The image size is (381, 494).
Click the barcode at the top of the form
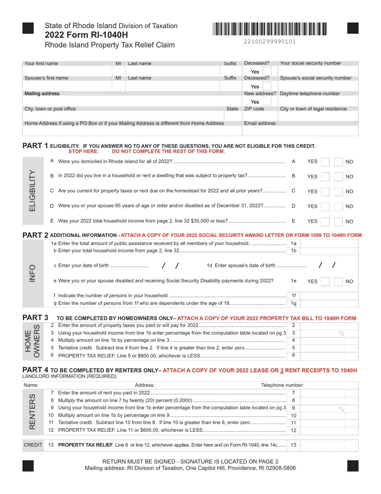point(270,29)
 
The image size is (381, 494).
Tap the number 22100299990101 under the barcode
point(270,41)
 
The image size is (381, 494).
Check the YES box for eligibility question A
point(325,162)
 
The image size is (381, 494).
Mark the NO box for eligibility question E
point(338,222)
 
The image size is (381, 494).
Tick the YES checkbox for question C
point(325,192)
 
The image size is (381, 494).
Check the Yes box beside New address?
point(267,102)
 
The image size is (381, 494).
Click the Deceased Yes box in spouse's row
point(267,86)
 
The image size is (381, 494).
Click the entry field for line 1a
point(329,243)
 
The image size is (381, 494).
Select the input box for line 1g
point(329,304)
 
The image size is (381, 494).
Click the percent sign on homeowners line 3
point(341,334)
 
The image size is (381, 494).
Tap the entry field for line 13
point(329,445)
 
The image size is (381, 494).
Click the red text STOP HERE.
point(83,152)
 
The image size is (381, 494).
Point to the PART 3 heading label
point(35,318)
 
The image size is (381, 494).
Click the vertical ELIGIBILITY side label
point(32,191)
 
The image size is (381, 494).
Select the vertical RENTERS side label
point(32,412)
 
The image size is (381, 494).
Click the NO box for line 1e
point(338,282)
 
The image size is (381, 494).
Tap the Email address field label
point(260,124)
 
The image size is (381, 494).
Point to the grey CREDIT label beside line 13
point(33,445)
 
